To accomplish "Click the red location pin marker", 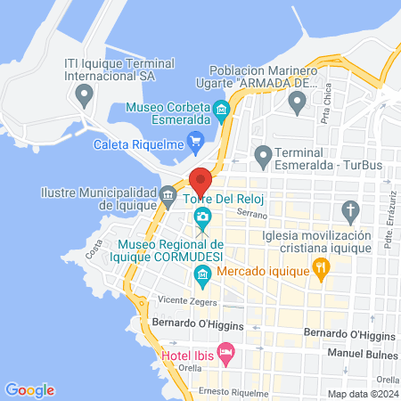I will pyautogui.click(x=201, y=181).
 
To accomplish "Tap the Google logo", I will pyautogui.click(x=30, y=389).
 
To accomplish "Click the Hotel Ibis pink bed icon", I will pyautogui.click(x=226, y=354).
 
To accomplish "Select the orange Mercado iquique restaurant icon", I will pyautogui.click(x=321, y=266).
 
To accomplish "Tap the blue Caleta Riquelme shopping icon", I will pyautogui.click(x=197, y=140).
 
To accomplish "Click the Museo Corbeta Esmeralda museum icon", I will pyautogui.click(x=222, y=110).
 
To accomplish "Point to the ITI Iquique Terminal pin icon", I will pyautogui.click(x=85, y=92).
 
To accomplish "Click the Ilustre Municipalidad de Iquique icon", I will pyautogui.click(x=168, y=193).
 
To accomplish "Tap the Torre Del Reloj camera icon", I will pyautogui.click(x=203, y=217).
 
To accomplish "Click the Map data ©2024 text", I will pyautogui.click(x=362, y=394).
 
